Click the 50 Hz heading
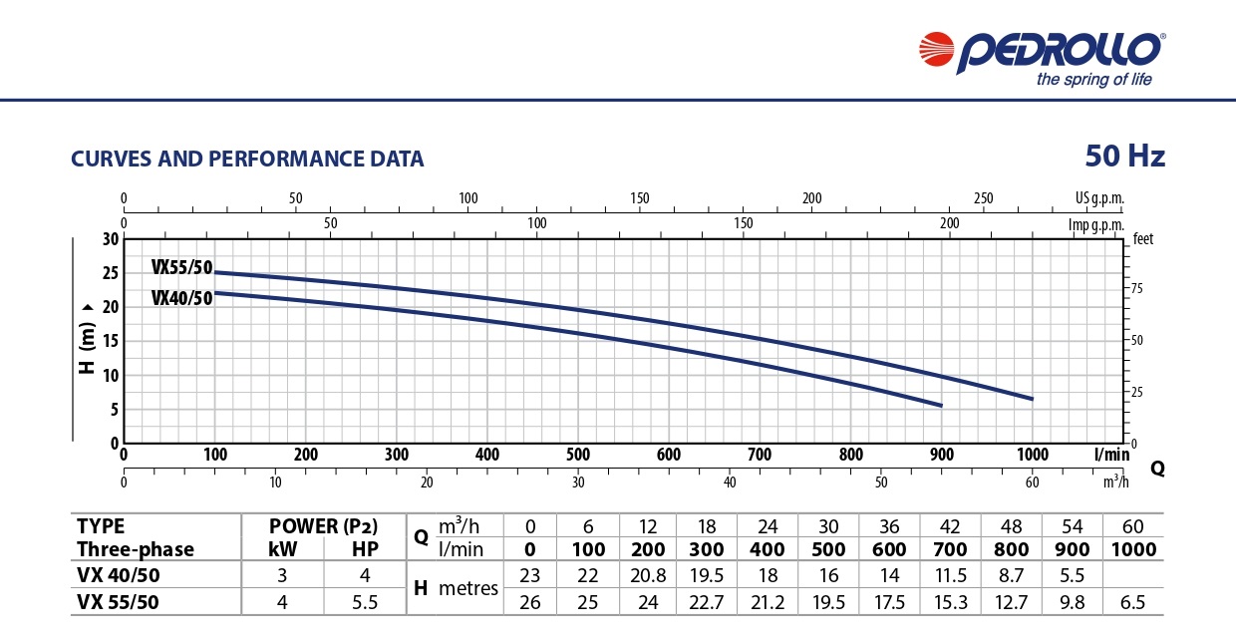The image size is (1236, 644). pyautogui.click(x=1124, y=157)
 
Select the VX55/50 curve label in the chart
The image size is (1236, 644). pyautogui.click(x=182, y=267)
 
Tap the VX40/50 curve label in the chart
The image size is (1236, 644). pyautogui.click(x=182, y=297)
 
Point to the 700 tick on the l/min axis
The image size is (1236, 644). pyautogui.click(x=760, y=455)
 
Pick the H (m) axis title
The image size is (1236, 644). pyautogui.click(x=88, y=339)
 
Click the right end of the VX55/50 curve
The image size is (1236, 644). pyautogui.click(x=1032, y=399)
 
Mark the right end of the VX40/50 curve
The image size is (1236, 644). pyautogui.click(x=940, y=406)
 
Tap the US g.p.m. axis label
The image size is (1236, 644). pyautogui.click(x=1099, y=198)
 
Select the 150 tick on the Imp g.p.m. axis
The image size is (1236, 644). pyautogui.click(x=744, y=222)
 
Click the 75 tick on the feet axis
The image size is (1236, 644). pyautogui.click(x=1137, y=288)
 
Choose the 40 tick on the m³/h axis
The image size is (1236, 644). pyautogui.click(x=730, y=483)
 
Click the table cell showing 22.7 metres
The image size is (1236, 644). pyautogui.click(x=707, y=601)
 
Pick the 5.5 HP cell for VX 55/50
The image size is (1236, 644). pyautogui.click(x=366, y=601)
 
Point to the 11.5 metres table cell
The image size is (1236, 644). pyautogui.click(x=945, y=574)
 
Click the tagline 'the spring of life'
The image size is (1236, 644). pyautogui.click(x=1093, y=80)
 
